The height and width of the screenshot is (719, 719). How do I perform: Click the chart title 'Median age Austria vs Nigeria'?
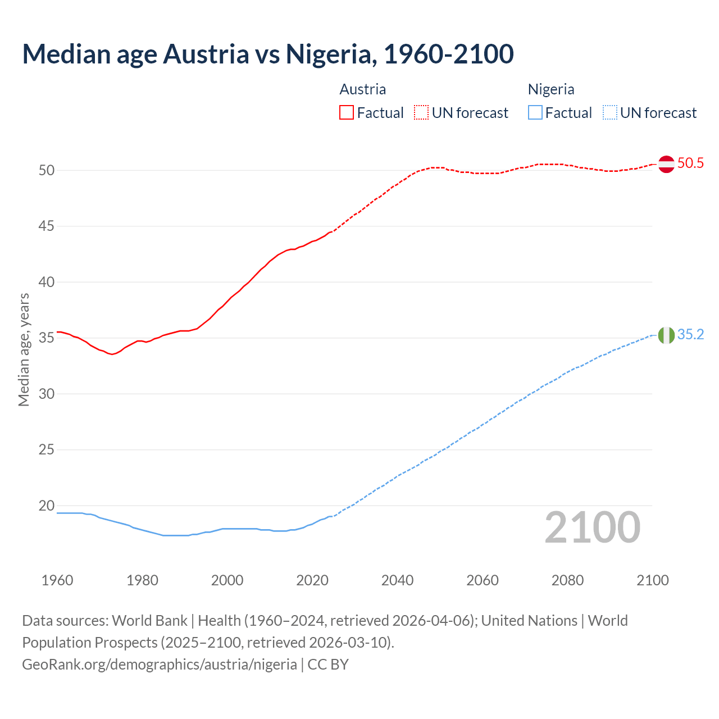(x=267, y=54)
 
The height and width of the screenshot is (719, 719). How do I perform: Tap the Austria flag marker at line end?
(x=666, y=164)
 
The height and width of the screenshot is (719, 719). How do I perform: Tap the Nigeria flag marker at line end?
(x=666, y=335)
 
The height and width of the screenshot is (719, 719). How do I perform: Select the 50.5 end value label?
(x=690, y=163)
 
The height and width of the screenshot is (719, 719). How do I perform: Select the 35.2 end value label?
(x=690, y=335)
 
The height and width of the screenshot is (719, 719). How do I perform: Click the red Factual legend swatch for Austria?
(x=347, y=113)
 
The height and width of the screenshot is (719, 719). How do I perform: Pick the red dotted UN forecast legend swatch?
(x=421, y=113)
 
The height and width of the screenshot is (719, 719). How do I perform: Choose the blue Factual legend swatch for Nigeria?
(x=535, y=113)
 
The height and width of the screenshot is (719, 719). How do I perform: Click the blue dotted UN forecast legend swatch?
(x=610, y=113)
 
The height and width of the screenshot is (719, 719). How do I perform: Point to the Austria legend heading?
(x=363, y=89)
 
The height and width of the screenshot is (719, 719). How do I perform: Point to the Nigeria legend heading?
(x=551, y=89)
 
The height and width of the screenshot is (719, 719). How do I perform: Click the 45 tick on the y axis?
(x=47, y=226)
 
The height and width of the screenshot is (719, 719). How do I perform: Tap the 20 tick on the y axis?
(x=47, y=506)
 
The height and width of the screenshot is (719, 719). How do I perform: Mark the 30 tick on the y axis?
(x=47, y=394)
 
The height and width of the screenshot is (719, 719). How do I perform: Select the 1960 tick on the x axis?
(x=57, y=580)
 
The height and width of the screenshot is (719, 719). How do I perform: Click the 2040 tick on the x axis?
(x=397, y=580)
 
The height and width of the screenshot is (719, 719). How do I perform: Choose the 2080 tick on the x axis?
(x=567, y=580)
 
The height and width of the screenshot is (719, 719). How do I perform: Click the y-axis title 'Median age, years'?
(x=24, y=349)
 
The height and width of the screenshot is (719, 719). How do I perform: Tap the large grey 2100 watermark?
(x=592, y=527)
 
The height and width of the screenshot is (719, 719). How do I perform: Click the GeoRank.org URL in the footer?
(x=160, y=665)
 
